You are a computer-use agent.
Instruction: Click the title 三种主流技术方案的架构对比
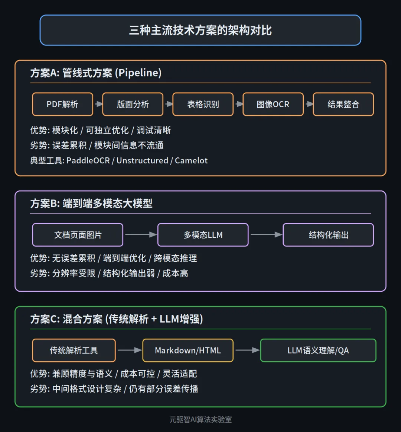200,30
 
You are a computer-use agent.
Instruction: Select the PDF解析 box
62,104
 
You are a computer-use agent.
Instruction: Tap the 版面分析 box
133,104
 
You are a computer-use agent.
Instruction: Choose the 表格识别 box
203,104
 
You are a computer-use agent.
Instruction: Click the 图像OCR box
273,104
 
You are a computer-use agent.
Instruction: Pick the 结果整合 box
343,104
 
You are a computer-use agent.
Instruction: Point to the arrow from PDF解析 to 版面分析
98,104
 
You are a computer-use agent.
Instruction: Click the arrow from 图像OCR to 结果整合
309,104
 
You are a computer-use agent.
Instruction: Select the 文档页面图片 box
78,235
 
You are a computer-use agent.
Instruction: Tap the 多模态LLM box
203,235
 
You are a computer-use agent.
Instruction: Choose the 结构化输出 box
328,235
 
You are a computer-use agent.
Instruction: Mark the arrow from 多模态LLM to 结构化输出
266,235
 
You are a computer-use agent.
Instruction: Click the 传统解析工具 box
74,350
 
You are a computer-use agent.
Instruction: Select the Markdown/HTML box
188,350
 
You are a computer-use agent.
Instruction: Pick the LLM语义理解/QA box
318,350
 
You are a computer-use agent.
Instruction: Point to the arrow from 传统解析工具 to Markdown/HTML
129,350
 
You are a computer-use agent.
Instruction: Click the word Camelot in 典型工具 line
191,160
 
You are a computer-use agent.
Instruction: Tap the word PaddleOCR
88,160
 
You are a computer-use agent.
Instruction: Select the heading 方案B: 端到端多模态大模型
91,203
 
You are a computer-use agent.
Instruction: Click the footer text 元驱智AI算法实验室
200,419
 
